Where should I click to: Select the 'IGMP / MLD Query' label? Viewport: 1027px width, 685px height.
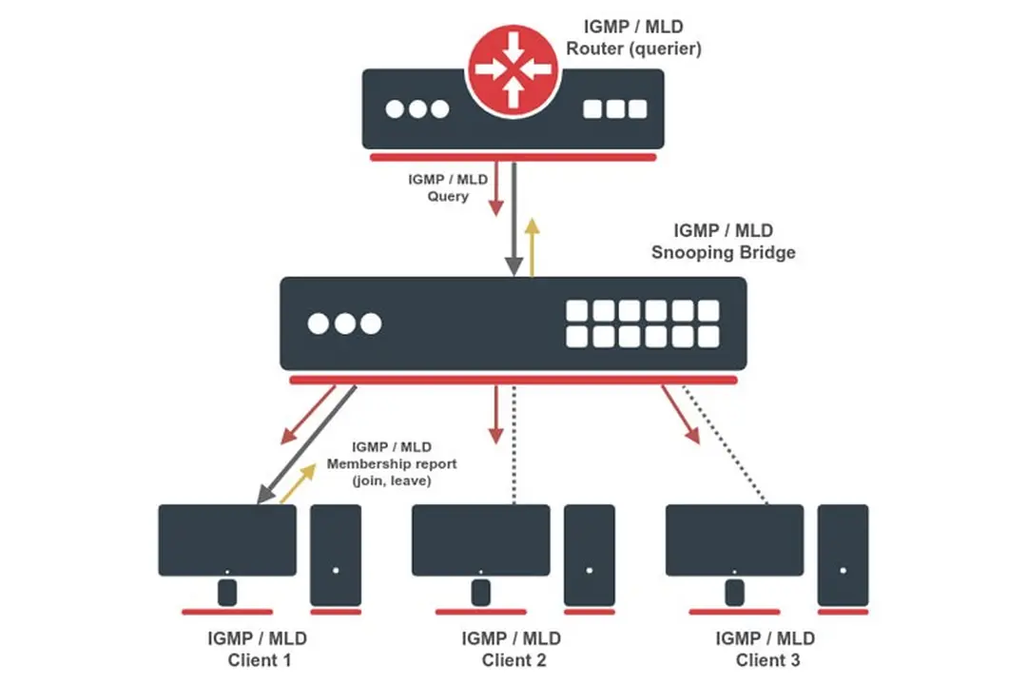(438, 187)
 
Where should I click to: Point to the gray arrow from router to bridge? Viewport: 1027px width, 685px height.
(513, 219)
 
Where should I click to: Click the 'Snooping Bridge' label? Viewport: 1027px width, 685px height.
(723, 253)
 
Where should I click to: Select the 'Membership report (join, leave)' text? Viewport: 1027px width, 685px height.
(391, 464)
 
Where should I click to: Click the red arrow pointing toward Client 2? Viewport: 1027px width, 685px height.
(494, 415)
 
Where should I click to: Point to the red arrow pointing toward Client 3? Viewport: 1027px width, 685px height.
(683, 415)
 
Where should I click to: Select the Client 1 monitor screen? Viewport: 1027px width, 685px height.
(227, 539)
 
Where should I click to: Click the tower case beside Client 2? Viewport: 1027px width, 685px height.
(589, 555)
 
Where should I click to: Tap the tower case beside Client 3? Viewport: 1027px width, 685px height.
(843, 555)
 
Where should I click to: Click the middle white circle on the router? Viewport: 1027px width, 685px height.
(417, 109)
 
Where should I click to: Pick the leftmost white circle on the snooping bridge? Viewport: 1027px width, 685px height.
(319, 323)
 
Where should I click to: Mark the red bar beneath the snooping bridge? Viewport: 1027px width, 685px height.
(513, 380)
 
